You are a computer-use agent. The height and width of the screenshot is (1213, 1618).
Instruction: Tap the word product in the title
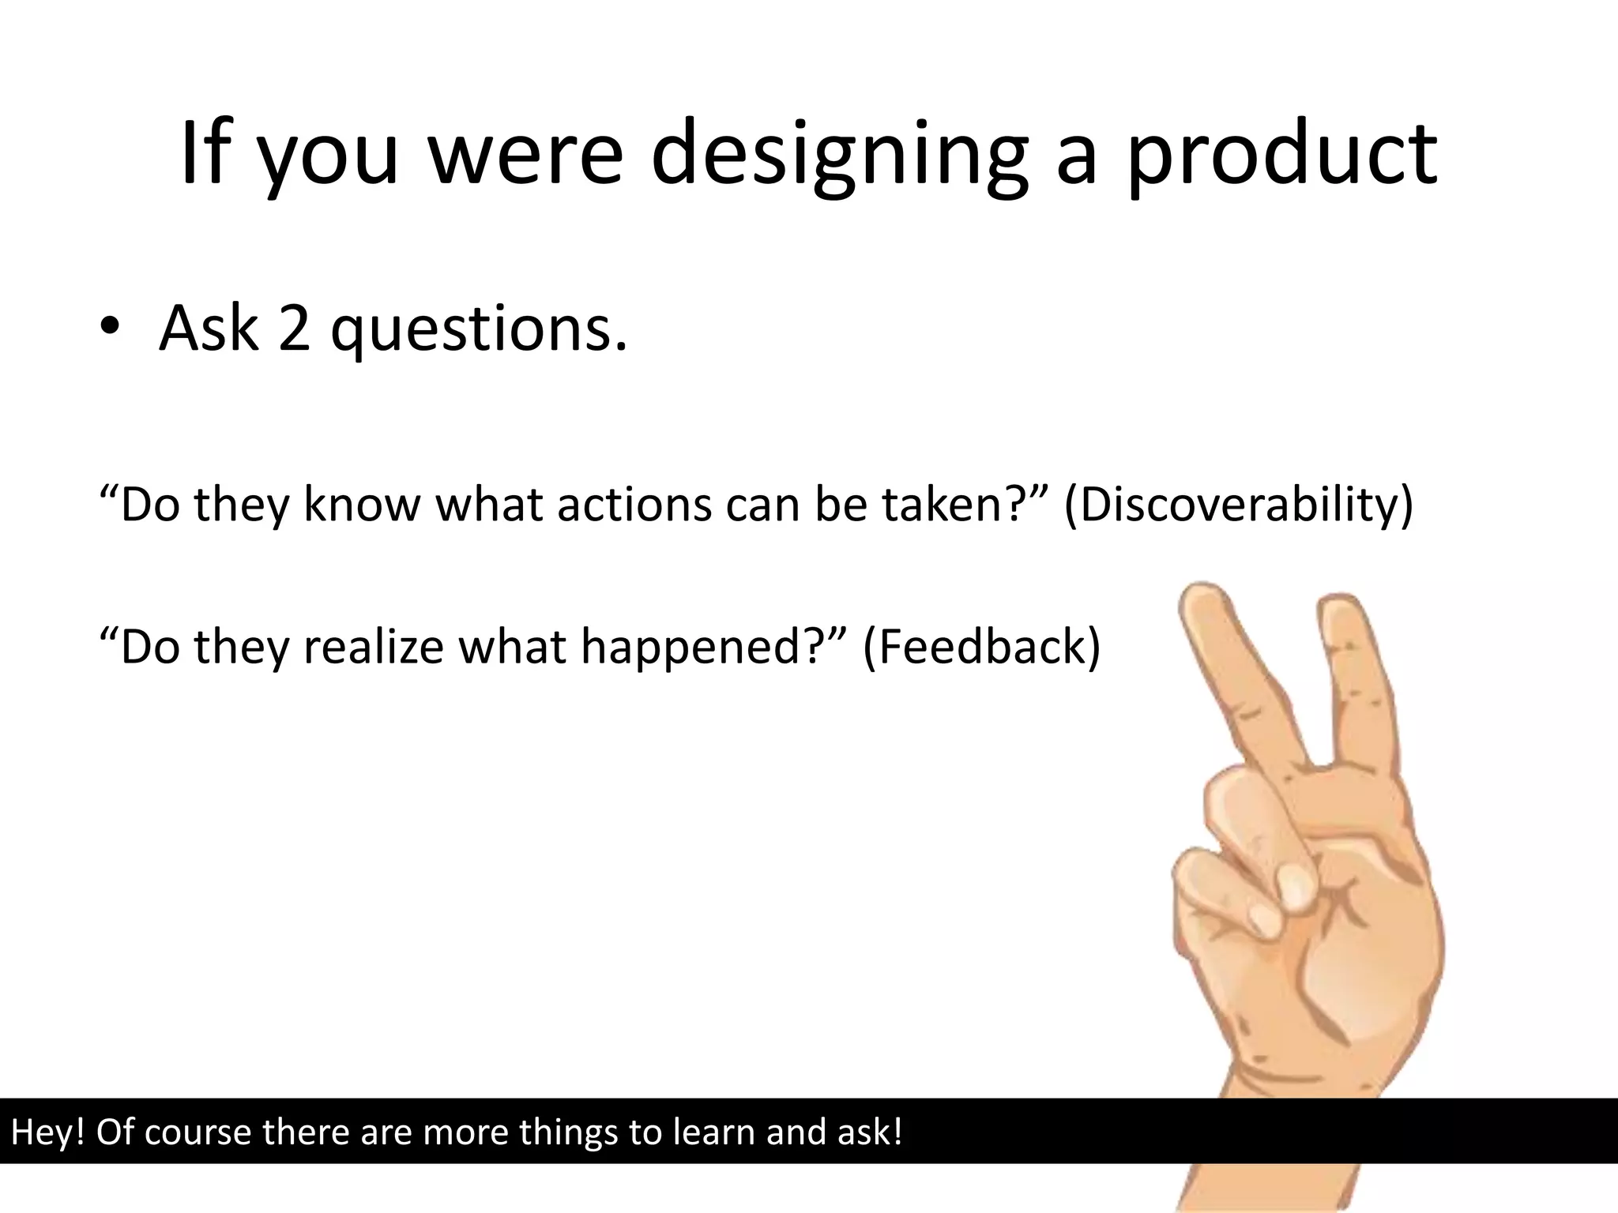[x=1281, y=154]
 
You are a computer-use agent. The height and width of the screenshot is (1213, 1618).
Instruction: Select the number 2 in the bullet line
[x=294, y=327]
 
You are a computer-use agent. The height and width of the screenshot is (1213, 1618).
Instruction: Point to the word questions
[x=479, y=329]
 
